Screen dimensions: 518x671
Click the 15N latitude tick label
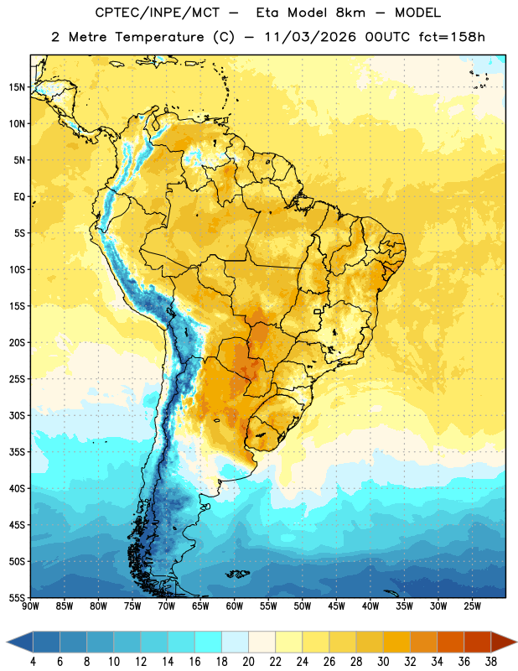(x=16, y=87)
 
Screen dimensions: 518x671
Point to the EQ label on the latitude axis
(x=19, y=197)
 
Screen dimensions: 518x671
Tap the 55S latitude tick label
(x=16, y=597)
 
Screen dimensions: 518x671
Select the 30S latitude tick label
(x=16, y=415)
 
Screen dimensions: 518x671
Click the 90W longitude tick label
(x=30, y=606)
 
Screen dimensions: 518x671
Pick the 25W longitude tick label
(x=472, y=606)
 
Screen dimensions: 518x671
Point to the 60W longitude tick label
(x=235, y=606)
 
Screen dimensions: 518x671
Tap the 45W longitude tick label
(x=336, y=606)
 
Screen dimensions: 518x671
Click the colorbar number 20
(x=248, y=662)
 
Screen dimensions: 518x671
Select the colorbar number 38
(x=491, y=662)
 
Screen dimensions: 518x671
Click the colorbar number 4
(x=33, y=662)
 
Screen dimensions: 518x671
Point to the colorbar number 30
(x=383, y=662)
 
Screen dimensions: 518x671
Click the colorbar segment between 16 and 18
(x=209, y=642)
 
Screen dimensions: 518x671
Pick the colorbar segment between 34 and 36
(x=450, y=642)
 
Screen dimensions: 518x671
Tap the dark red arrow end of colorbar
(x=504, y=642)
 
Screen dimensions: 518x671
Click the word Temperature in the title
(x=159, y=37)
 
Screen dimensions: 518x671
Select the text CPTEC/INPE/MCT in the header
(x=157, y=13)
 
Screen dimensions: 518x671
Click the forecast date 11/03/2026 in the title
(x=310, y=37)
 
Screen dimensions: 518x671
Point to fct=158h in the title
(x=452, y=37)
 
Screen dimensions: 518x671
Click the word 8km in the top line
(x=350, y=13)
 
